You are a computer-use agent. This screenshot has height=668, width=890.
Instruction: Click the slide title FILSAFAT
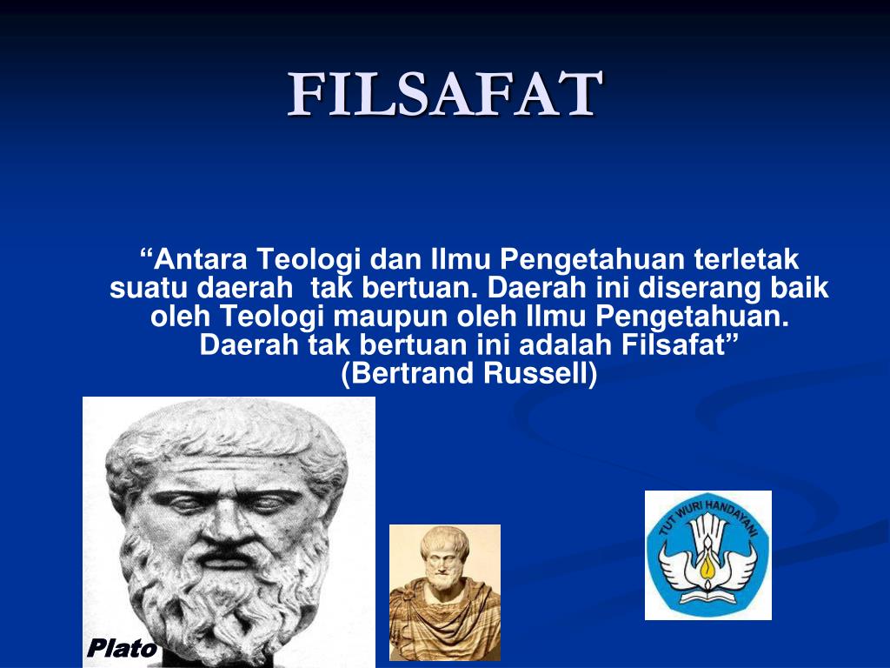[445, 95]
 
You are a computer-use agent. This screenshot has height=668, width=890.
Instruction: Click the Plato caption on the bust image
[121, 648]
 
